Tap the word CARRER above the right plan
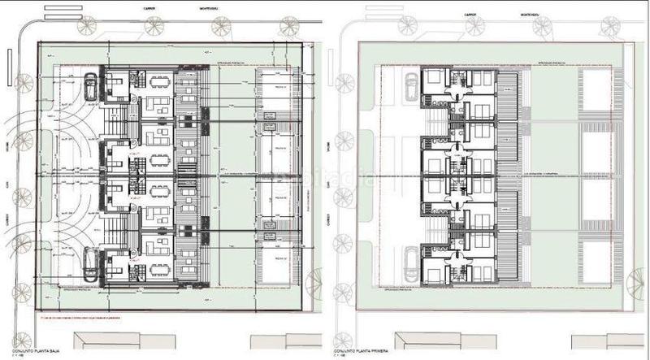point(468,14)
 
